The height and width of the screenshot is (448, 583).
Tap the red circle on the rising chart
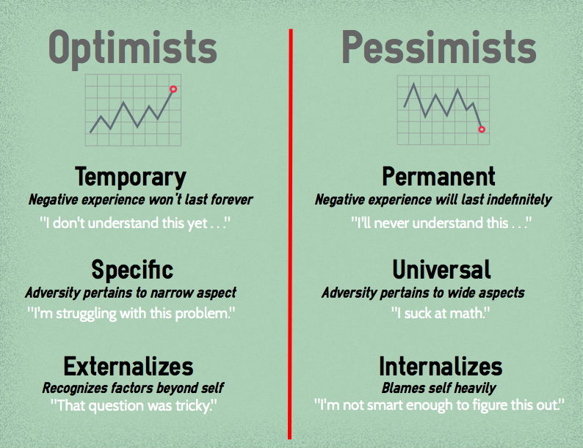pyautogui.click(x=173, y=89)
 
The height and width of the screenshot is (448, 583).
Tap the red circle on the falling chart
pyautogui.click(x=482, y=129)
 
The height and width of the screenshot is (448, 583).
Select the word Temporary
pyautogui.click(x=131, y=177)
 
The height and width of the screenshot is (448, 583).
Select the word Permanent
pyautogui.click(x=438, y=177)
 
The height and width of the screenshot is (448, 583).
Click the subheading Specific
pyautogui.click(x=132, y=270)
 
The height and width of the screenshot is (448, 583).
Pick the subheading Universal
pyautogui.click(x=441, y=270)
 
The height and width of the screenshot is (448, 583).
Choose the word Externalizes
pyautogui.click(x=128, y=366)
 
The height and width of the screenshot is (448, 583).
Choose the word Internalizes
pyautogui.click(x=441, y=366)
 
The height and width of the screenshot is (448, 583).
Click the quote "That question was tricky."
pyautogui.click(x=134, y=404)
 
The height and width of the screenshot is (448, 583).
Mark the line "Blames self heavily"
pyautogui.click(x=438, y=388)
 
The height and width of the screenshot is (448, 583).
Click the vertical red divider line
pyautogui.click(x=291, y=235)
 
